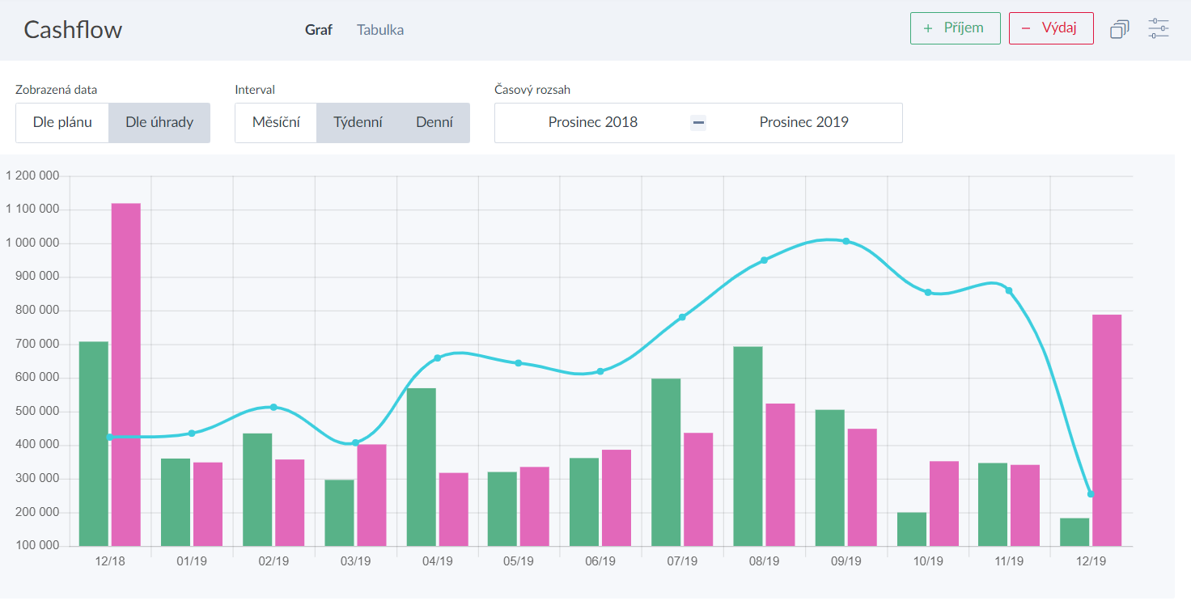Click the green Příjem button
coord(955,28)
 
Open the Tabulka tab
coord(380,30)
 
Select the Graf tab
coord(319,30)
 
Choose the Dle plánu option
coord(62,123)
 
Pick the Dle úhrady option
coord(159,123)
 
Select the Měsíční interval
coord(276,123)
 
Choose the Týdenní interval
coord(358,123)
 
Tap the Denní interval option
coord(434,123)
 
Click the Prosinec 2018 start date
coord(593,123)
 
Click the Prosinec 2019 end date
coord(803,123)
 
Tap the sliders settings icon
coord(1159,28)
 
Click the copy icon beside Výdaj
coord(1120,29)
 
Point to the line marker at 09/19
coord(846,241)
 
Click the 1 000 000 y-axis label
coord(32,243)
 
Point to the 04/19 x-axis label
coord(438,561)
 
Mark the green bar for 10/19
coord(912,529)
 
